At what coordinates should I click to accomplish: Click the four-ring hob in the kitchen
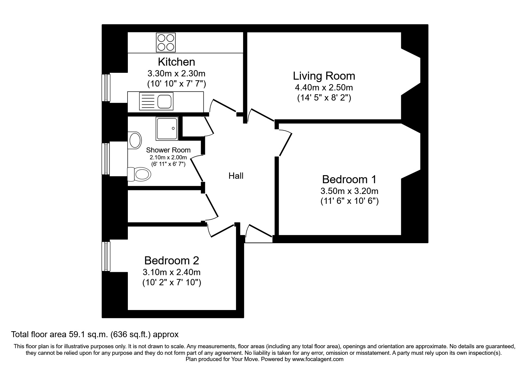(x=166, y=42)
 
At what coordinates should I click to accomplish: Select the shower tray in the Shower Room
(x=167, y=129)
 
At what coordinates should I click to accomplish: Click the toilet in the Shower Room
(x=139, y=174)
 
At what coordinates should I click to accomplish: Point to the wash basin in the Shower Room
(x=135, y=140)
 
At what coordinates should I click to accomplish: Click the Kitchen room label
(x=177, y=62)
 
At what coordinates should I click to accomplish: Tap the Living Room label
(x=324, y=76)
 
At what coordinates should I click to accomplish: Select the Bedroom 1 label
(x=349, y=179)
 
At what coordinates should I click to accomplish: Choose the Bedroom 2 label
(x=171, y=260)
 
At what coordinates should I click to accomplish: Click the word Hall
(x=236, y=176)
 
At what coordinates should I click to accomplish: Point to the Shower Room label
(x=168, y=150)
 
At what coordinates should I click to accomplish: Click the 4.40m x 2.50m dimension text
(x=324, y=88)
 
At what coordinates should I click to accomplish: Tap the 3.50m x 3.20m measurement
(x=349, y=191)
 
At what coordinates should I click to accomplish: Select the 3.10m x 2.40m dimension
(x=171, y=272)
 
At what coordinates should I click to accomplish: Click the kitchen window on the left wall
(x=106, y=88)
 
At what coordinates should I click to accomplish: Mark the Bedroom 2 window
(x=106, y=256)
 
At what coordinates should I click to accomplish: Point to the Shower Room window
(x=106, y=158)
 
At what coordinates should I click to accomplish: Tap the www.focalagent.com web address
(x=318, y=359)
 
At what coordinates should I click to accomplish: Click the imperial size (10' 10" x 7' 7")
(x=177, y=84)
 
